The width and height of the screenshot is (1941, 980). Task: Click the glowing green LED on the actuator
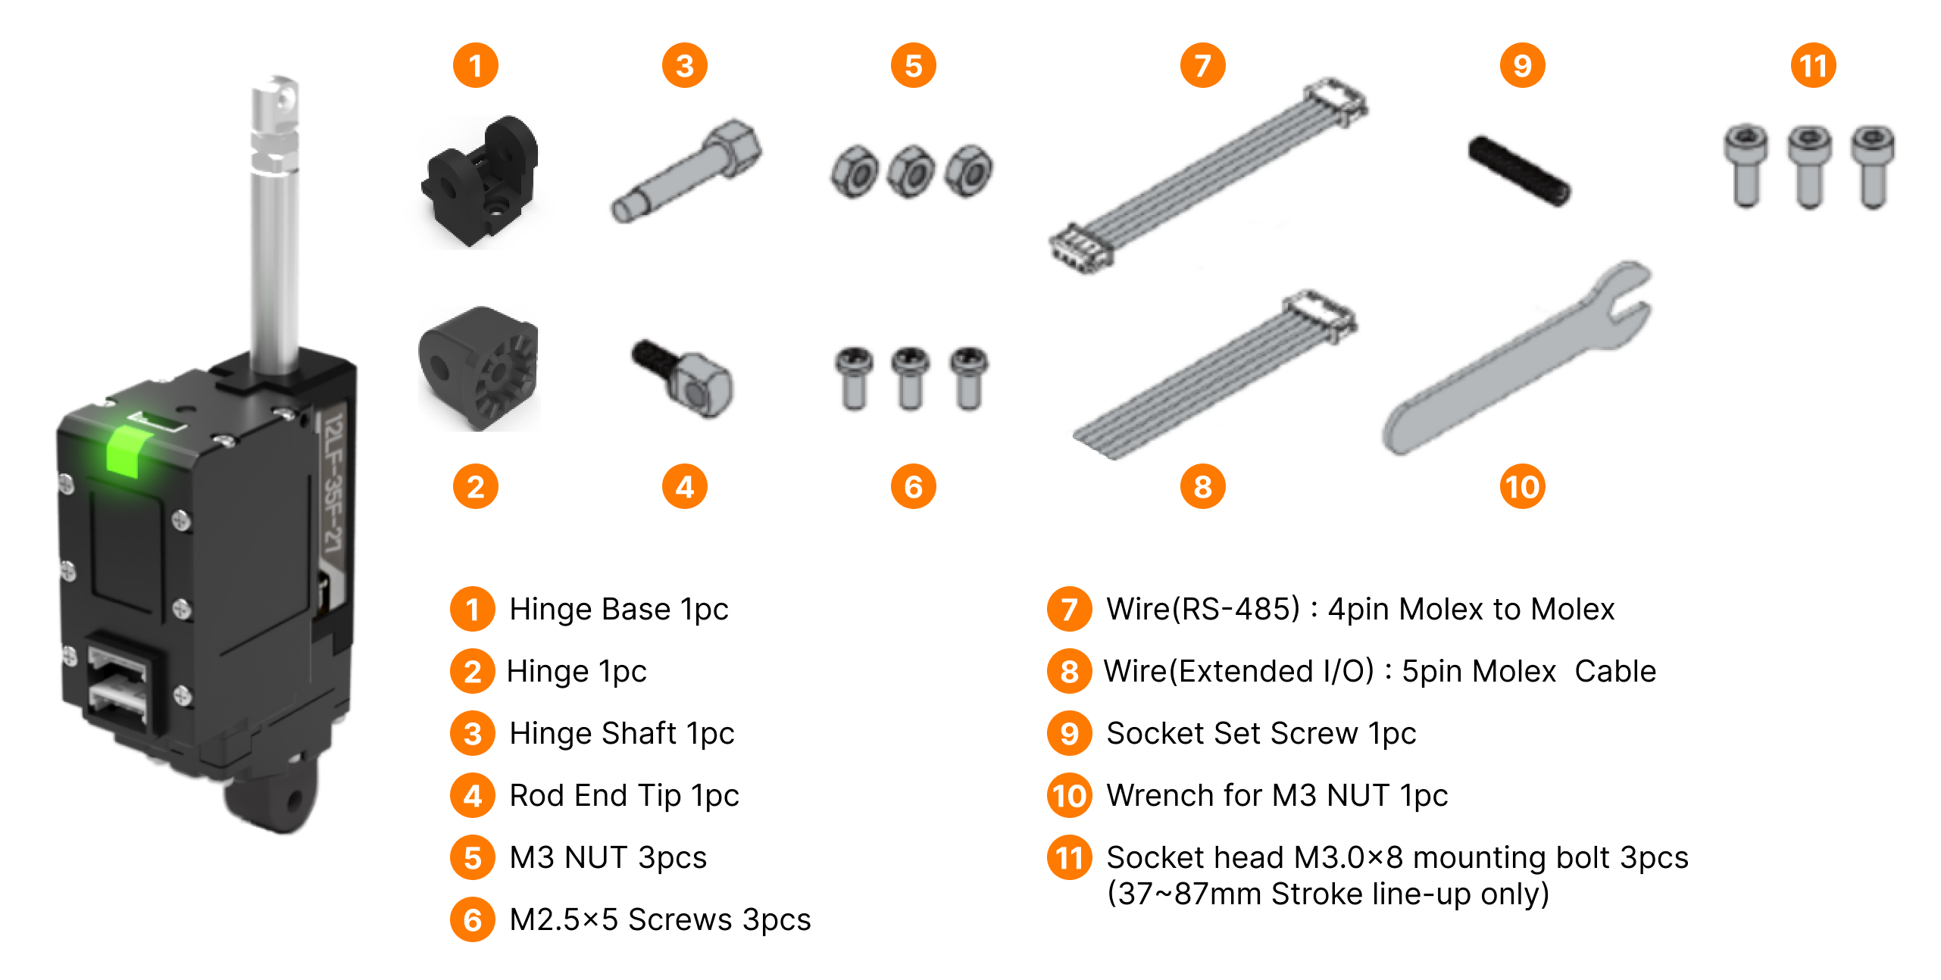[123, 451]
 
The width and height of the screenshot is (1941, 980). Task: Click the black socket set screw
[1519, 171]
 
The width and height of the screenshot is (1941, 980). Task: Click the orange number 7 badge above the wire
[1202, 66]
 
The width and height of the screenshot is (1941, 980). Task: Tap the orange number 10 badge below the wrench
[1522, 487]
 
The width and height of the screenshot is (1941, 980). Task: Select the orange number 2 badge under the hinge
[475, 487]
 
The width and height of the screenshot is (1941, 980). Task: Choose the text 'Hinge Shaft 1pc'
[621, 733]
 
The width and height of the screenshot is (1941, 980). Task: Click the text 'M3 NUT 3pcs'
[608, 857]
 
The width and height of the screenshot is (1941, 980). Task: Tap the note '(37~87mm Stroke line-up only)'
[1327, 894]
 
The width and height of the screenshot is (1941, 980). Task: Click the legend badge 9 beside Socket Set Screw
[1069, 733]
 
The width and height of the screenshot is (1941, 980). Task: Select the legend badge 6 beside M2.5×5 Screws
[473, 920]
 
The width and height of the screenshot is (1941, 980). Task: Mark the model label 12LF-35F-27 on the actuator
[333, 485]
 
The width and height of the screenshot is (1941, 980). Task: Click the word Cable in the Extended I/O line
[1615, 671]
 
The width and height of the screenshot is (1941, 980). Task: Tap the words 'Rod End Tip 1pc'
[624, 795]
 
